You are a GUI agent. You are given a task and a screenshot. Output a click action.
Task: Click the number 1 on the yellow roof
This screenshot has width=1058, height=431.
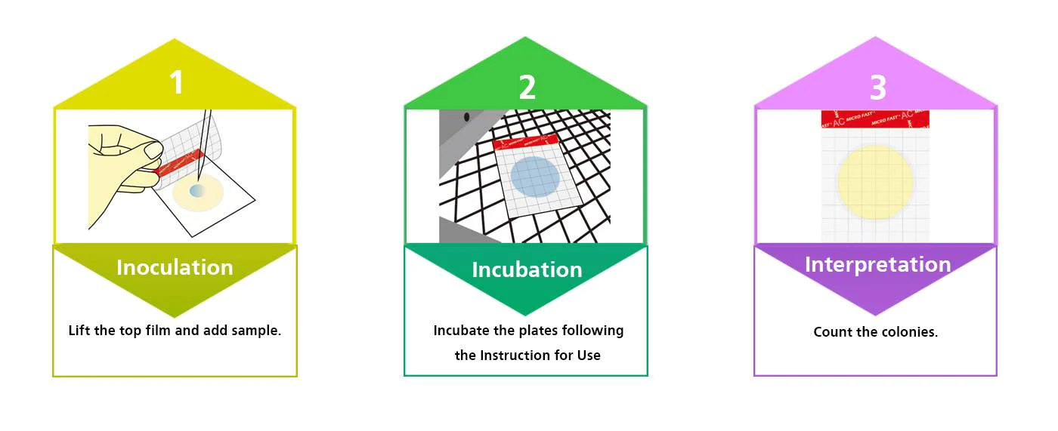[177, 82]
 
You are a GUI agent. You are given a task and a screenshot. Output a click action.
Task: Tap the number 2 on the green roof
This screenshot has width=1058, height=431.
[527, 88]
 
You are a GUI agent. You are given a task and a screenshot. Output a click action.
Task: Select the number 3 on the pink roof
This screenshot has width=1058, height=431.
[878, 88]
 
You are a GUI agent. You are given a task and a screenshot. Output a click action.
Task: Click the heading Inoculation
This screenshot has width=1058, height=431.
[175, 267]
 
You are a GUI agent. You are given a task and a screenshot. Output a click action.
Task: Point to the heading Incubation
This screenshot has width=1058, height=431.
[527, 269]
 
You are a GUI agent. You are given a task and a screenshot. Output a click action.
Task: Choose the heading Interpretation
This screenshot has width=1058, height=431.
[877, 264]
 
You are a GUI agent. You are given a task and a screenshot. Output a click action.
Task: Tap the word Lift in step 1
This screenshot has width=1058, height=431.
[79, 330]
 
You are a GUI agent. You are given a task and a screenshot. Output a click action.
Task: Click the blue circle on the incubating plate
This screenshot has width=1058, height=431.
[535, 177]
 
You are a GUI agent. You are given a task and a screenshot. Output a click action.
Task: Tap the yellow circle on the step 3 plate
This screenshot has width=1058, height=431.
[875, 182]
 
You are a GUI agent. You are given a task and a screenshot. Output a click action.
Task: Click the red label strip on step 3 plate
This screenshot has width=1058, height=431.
[875, 119]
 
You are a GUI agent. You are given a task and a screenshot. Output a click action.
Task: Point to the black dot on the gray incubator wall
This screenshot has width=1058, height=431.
[467, 117]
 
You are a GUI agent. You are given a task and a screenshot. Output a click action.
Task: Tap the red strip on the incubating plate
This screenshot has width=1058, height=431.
[525, 141]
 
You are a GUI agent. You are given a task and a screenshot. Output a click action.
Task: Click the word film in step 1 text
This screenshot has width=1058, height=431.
[158, 330]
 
